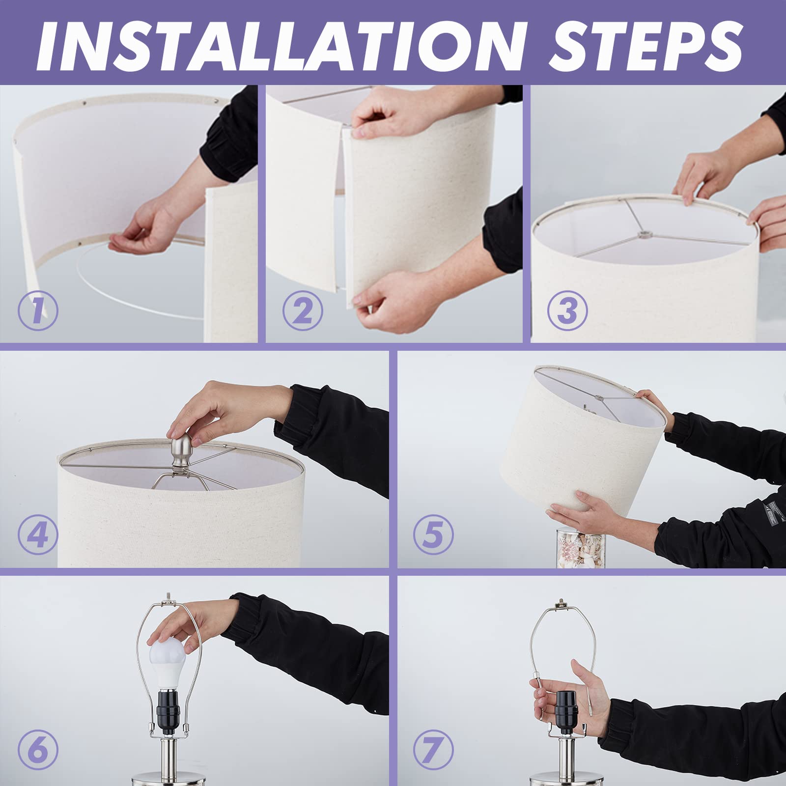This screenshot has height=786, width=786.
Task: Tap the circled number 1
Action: pos(38,310)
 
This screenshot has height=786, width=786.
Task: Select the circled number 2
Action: pos(303,310)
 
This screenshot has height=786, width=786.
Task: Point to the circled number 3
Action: pos(567,310)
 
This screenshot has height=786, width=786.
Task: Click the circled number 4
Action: pos(38,534)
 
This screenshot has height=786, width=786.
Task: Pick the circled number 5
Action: pos(433,534)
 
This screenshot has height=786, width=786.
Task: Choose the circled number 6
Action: pos(38,750)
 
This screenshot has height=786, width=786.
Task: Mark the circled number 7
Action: pos(433,750)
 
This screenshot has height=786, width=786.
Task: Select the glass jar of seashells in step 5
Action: pos(581,547)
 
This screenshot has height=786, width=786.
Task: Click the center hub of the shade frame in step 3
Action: pos(641,235)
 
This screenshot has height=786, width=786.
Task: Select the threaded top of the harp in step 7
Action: pos(561,603)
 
